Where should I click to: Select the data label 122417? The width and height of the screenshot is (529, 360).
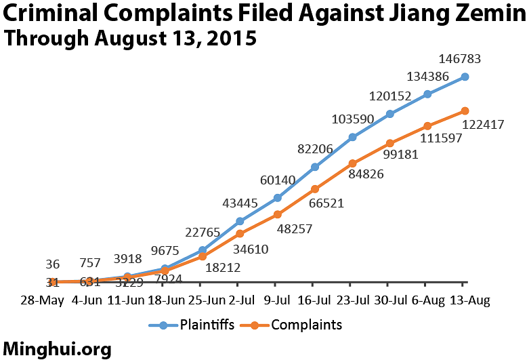pos(484,125)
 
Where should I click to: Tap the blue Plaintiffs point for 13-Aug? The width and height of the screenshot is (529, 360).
pos(465,77)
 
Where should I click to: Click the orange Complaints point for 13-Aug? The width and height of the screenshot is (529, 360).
pos(465,110)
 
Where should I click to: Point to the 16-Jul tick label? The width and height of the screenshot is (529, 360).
pos(315,299)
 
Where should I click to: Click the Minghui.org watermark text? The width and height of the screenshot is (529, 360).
pos(57,348)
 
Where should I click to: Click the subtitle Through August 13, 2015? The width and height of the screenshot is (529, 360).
pos(129,38)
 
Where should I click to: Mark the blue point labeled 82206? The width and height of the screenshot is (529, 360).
pos(315,167)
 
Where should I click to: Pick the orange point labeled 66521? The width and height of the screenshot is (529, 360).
pos(315,188)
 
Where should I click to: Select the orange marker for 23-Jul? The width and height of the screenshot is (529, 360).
pos(353,163)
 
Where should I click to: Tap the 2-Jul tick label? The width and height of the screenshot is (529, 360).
pos(240,299)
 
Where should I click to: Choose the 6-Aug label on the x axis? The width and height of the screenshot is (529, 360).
pos(428,299)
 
